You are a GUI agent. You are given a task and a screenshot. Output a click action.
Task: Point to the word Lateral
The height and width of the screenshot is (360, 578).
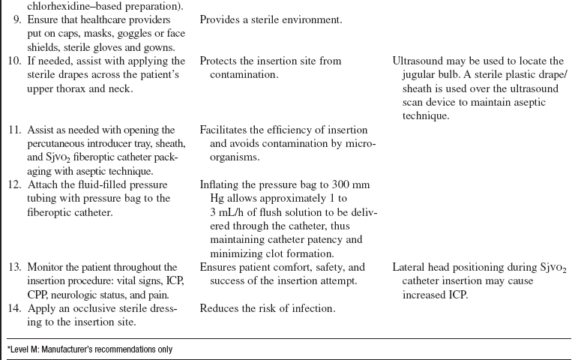pos(410,267)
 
